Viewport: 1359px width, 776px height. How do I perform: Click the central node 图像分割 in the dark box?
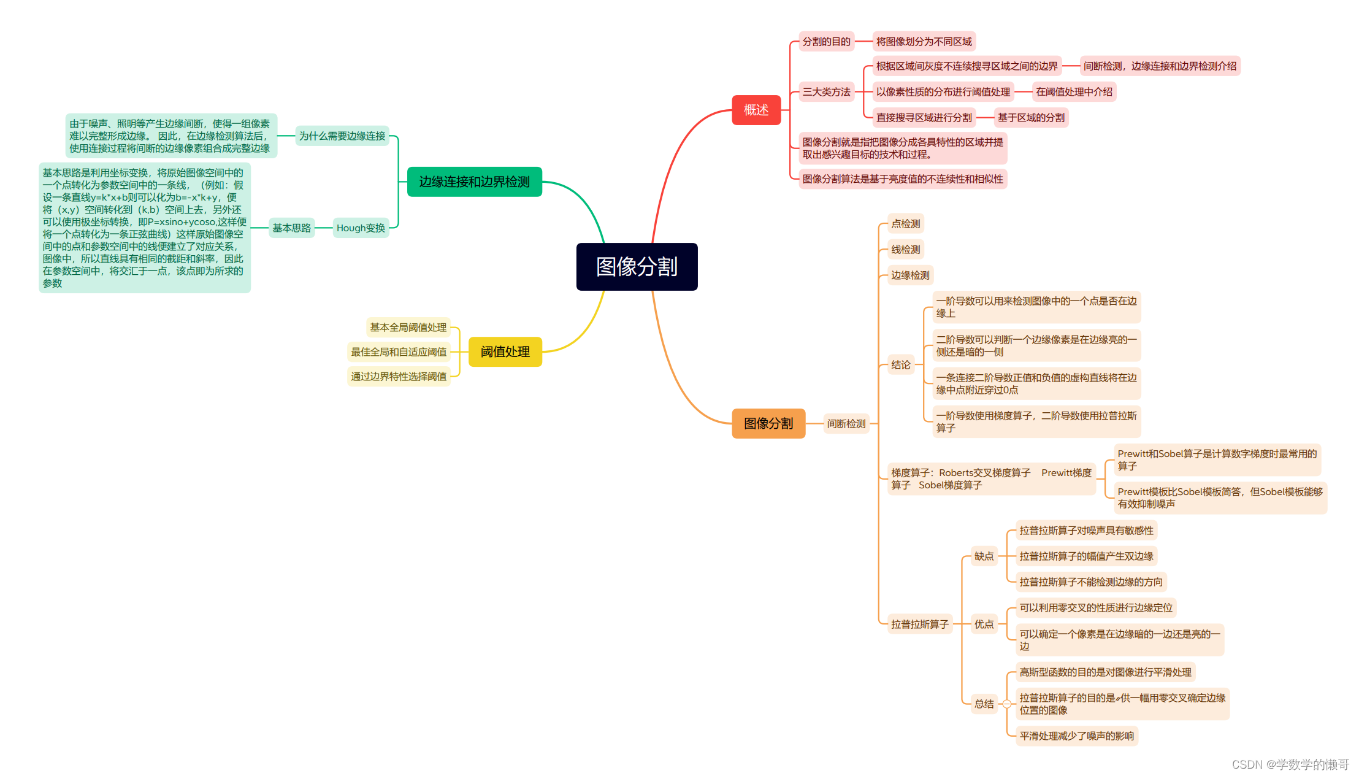point(637,267)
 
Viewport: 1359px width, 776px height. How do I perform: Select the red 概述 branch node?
point(756,110)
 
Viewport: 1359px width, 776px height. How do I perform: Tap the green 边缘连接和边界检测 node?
point(474,182)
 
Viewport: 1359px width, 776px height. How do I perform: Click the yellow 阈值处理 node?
point(505,352)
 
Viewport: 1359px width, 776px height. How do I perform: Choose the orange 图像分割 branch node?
point(768,423)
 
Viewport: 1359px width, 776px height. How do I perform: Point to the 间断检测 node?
point(846,423)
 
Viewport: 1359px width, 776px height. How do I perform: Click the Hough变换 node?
point(361,228)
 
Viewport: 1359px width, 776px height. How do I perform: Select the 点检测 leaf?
point(905,224)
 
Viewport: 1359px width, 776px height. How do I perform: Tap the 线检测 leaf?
point(905,250)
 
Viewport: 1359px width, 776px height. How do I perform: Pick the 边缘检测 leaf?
point(910,275)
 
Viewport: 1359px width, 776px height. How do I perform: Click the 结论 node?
point(900,365)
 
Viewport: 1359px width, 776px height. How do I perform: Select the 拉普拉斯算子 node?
point(919,624)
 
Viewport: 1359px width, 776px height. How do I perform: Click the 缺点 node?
point(984,556)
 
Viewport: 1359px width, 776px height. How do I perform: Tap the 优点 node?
point(984,624)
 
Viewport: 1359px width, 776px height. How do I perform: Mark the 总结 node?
point(984,704)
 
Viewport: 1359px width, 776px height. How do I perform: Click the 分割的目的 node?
point(826,42)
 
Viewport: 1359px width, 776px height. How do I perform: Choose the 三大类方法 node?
point(826,92)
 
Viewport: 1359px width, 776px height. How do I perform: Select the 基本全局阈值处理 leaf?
point(408,328)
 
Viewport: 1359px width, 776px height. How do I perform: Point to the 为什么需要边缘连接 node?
point(342,136)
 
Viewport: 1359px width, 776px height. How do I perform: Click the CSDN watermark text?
point(1290,764)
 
